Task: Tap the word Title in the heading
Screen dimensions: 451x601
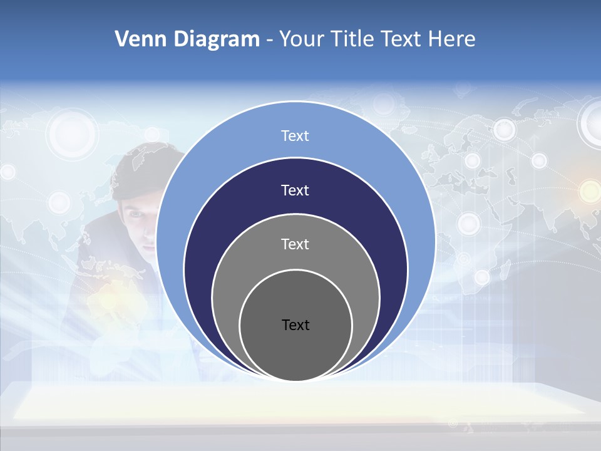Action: pyautogui.click(x=352, y=39)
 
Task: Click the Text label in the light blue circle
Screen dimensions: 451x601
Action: pyautogui.click(x=295, y=136)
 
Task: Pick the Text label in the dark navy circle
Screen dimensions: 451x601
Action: pyautogui.click(x=295, y=190)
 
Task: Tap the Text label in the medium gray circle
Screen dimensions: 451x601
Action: pyautogui.click(x=295, y=244)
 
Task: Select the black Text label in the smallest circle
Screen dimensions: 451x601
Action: pyautogui.click(x=295, y=324)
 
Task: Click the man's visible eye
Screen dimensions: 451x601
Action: pyautogui.click(x=136, y=215)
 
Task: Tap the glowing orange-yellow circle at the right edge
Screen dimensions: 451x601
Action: pyautogui.click(x=590, y=190)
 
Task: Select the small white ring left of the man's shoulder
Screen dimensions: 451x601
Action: pyautogui.click(x=59, y=202)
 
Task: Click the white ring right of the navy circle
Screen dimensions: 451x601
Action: pyautogui.click(x=468, y=223)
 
